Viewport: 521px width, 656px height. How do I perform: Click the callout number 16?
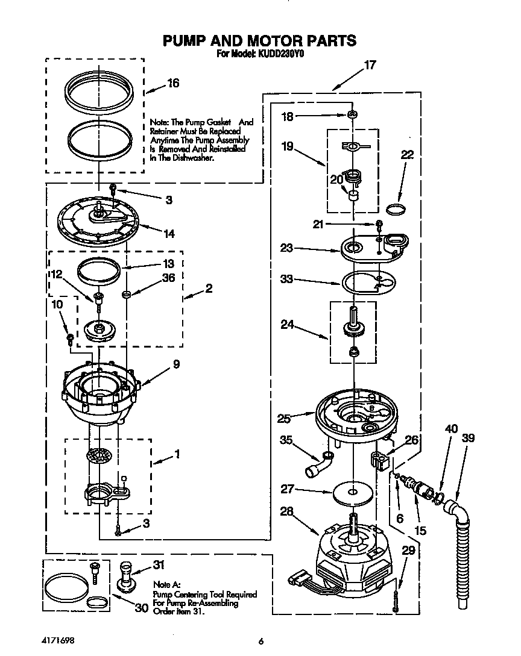172,84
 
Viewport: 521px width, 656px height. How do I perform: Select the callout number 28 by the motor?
287,512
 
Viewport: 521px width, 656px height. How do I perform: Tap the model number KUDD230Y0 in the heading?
282,54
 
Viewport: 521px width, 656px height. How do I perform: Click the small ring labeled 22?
394,209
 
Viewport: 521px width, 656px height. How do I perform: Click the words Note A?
166,584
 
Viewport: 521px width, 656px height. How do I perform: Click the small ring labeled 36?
126,294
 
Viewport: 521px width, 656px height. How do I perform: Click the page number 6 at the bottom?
260,642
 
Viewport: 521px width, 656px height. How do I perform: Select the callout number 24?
288,325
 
